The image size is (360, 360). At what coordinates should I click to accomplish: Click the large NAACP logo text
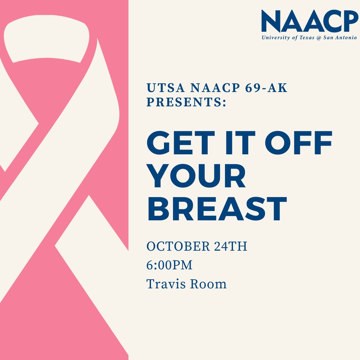click(x=310, y=21)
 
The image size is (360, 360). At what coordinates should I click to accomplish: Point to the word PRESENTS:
click(x=186, y=102)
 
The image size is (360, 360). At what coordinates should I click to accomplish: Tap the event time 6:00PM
click(x=170, y=265)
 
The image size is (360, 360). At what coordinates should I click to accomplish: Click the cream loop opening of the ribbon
click(x=47, y=40)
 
